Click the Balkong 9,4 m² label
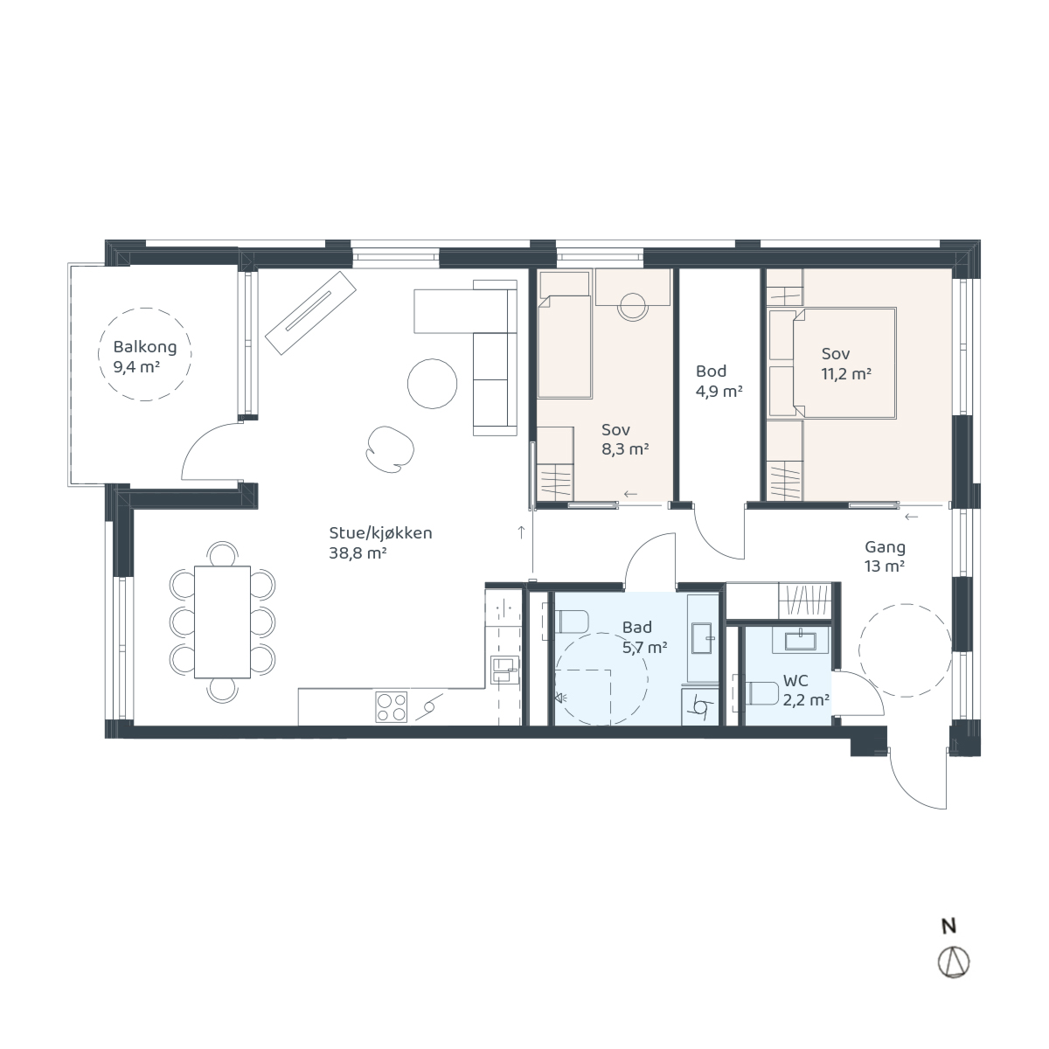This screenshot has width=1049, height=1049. click(x=145, y=358)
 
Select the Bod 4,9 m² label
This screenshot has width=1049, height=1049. click(x=719, y=381)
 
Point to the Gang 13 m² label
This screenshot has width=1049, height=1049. click(x=886, y=556)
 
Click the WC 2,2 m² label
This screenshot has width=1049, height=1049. click(x=806, y=691)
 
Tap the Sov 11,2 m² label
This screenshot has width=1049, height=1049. click(x=846, y=364)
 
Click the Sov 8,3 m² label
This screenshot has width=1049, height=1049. click(x=625, y=440)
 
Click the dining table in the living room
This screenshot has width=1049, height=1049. click(x=222, y=622)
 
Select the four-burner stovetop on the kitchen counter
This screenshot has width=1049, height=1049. click(x=392, y=707)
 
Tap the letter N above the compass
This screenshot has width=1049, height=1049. click(x=948, y=927)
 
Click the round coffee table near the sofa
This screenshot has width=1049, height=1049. click(x=432, y=383)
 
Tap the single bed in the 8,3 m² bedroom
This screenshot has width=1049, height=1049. click(x=565, y=347)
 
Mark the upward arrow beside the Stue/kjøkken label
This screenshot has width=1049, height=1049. click(x=522, y=532)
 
